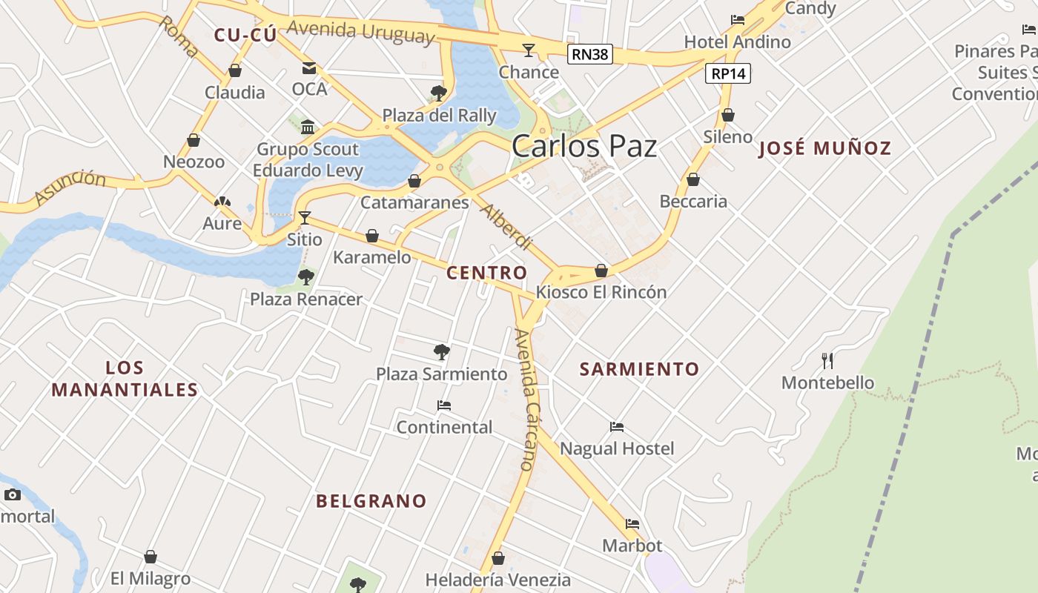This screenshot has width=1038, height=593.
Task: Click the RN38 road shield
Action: [x=590, y=53]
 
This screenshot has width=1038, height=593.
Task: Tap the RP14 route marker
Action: [x=730, y=73]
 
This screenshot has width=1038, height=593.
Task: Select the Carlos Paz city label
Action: [x=584, y=146]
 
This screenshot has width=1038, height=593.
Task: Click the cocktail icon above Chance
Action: [x=529, y=50]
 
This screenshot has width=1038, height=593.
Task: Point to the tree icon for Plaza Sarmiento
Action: [x=442, y=351]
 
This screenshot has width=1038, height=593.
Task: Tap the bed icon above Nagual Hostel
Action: [x=617, y=426]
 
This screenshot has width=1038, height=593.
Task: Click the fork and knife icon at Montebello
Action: [x=827, y=361]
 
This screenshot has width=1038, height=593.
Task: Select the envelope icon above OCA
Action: [x=309, y=68]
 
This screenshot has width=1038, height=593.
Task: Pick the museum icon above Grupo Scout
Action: [x=308, y=127]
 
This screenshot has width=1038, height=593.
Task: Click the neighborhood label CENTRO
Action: [x=486, y=273]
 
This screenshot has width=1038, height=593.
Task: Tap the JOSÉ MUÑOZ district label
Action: [x=824, y=148]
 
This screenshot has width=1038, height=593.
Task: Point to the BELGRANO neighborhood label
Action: [x=371, y=501]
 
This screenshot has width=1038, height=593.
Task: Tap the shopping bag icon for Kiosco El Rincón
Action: [x=601, y=271]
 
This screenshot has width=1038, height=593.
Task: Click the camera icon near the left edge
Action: [x=13, y=494]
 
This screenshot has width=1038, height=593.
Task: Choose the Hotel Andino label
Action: [x=738, y=42]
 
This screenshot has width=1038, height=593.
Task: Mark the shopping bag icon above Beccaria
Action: [x=693, y=179]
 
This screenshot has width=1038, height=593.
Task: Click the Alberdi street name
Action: [x=506, y=226]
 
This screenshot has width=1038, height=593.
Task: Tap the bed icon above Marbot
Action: [x=632, y=523]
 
